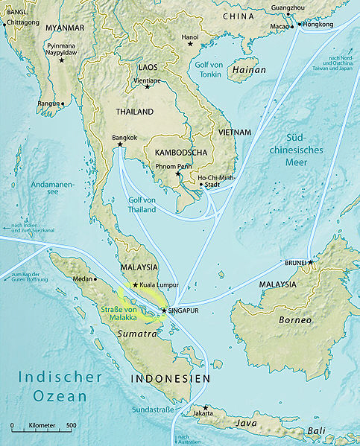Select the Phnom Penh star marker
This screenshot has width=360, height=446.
pyautogui.click(x=177, y=174)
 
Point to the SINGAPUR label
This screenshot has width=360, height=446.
pyautogui.click(x=184, y=310)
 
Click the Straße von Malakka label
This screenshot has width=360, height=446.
pyautogui.click(x=119, y=313)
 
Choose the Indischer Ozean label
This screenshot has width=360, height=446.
pyautogui.click(x=60, y=386)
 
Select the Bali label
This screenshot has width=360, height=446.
pyautogui.click(x=317, y=431)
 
